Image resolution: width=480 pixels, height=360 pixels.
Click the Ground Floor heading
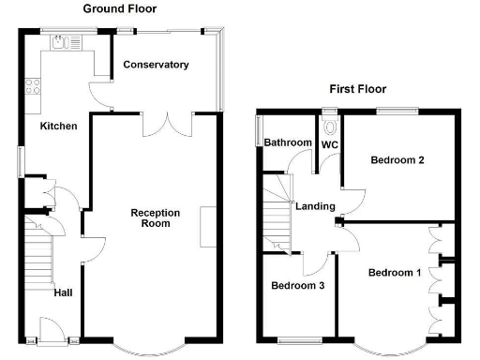point(120,8)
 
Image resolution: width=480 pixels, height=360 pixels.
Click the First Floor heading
point(357,89)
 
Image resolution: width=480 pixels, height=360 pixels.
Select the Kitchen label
point(57,126)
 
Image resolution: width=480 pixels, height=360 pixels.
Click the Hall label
point(63,292)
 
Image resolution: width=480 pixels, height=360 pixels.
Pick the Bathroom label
point(287,142)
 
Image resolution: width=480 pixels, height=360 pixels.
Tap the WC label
point(330,145)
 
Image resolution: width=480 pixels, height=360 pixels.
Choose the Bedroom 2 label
point(397,160)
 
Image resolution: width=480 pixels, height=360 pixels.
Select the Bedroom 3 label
point(297,286)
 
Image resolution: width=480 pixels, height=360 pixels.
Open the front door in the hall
point(52,331)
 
